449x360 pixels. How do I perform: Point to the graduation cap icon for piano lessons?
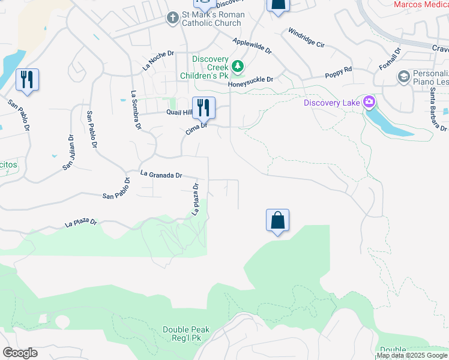point(405,76)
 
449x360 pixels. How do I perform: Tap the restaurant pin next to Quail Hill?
point(203,108)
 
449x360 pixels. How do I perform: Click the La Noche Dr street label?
point(158,61)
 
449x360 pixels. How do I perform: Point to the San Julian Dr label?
point(68,152)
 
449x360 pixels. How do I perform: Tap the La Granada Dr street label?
point(161,174)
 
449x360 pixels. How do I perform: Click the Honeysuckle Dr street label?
point(250,81)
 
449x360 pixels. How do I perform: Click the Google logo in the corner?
point(20,352)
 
